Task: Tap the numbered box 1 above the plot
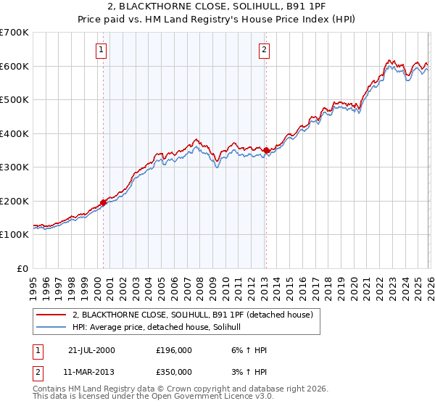100,50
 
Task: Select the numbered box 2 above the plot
263,50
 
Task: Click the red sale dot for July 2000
103,202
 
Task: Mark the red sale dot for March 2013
266,151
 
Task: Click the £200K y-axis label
14,202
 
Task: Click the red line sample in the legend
51,315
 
